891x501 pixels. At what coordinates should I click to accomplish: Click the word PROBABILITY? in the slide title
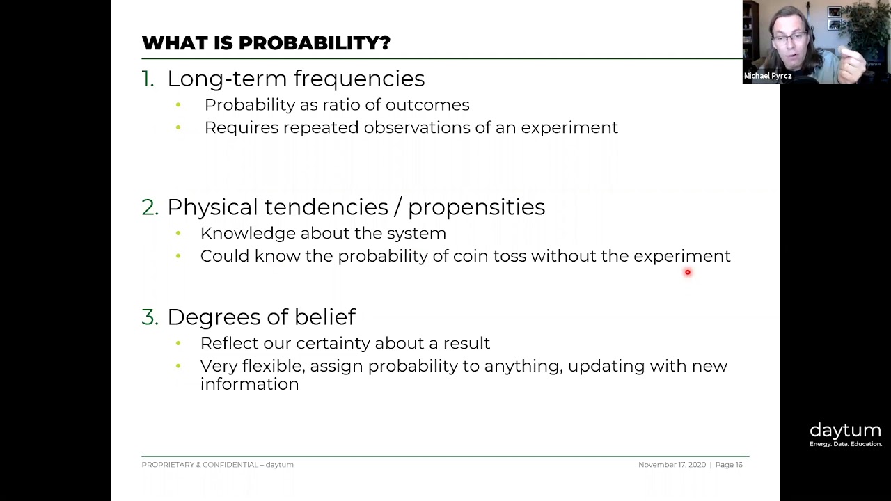314,43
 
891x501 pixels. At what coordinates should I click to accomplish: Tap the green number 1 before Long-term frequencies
148,79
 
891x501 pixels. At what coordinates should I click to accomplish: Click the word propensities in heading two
476,207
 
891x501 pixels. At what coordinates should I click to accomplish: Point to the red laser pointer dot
688,273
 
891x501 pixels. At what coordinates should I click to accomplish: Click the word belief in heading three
324,317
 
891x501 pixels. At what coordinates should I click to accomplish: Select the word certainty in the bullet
333,344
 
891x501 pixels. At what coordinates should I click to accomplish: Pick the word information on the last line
249,384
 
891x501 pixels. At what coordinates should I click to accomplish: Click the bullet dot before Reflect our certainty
178,344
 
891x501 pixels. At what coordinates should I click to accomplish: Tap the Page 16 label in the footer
729,465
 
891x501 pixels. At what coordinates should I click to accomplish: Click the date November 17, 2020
672,465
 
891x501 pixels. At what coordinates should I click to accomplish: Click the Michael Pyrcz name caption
767,76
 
